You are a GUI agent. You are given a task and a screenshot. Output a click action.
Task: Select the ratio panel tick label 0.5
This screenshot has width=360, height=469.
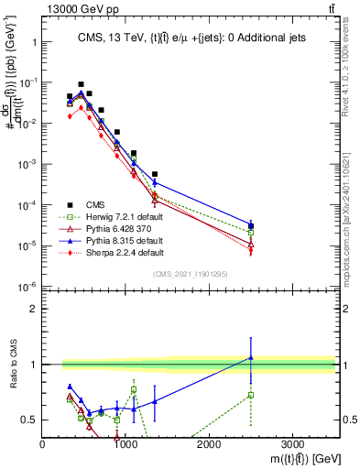(30, 420)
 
